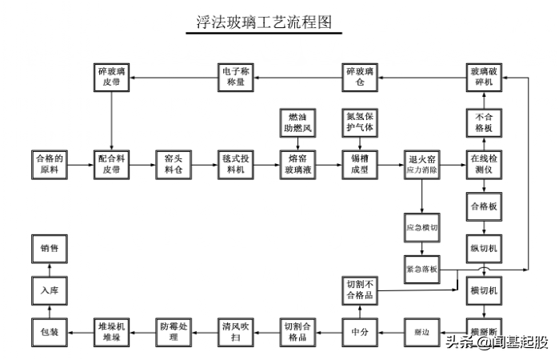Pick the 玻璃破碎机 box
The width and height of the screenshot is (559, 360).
pyautogui.click(x=485, y=78)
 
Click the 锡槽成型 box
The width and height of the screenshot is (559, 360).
pyautogui.click(x=360, y=164)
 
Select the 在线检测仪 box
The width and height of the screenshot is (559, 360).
pyautogui.click(x=485, y=164)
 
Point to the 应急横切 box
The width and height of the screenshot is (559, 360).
pyautogui.click(x=422, y=226)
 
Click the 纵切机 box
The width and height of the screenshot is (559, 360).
pyautogui.click(x=485, y=249)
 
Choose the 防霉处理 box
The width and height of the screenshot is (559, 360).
pyautogui.click(x=174, y=330)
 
